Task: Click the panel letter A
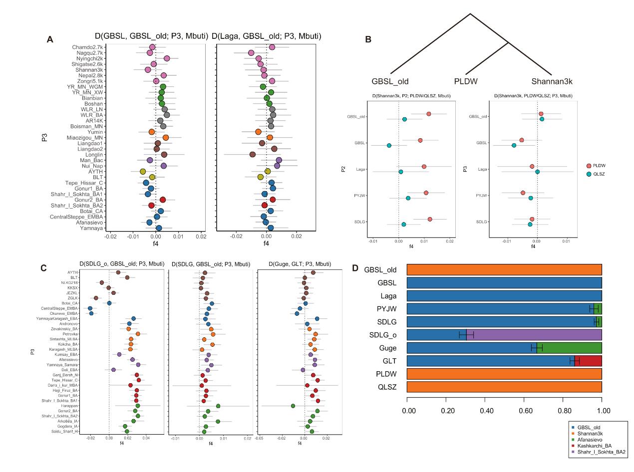49,39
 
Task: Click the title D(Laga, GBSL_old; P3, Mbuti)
266,36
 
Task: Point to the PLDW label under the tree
466,81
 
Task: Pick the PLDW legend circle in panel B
589,165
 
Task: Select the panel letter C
44,267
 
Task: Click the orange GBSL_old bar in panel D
504,269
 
